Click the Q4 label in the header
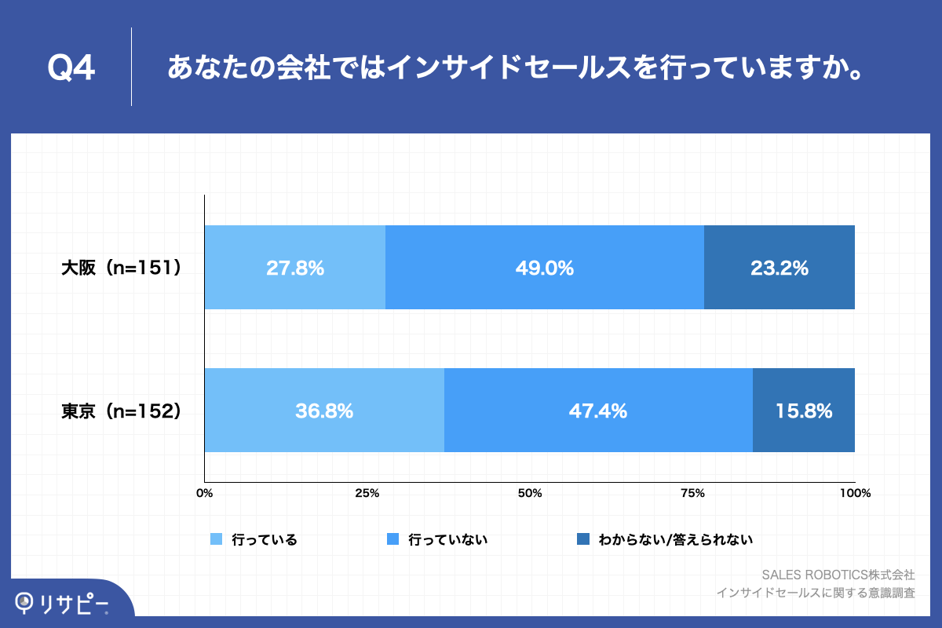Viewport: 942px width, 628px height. tap(71, 69)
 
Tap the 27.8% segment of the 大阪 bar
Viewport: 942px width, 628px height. tap(295, 268)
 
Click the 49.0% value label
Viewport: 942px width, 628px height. tap(545, 268)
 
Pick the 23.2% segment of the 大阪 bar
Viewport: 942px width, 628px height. tap(779, 268)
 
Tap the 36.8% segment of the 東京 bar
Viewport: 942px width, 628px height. tap(324, 411)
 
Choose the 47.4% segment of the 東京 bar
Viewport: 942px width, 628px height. tap(598, 411)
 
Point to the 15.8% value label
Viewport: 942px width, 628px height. tap(803, 411)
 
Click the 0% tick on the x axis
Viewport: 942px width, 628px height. tap(204, 494)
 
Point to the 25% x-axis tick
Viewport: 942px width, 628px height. tap(367, 494)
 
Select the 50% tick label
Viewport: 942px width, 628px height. tap(530, 494)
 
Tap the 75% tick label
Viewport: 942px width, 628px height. tap(692, 494)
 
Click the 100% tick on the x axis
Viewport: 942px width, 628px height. tap(854, 494)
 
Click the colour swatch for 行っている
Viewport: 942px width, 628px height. tap(217, 539)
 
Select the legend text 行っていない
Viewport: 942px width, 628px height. tap(448, 539)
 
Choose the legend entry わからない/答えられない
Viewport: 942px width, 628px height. tap(675, 539)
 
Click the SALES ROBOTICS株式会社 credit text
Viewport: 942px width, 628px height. tap(838, 574)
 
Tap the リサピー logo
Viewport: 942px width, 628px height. tap(63, 601)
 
